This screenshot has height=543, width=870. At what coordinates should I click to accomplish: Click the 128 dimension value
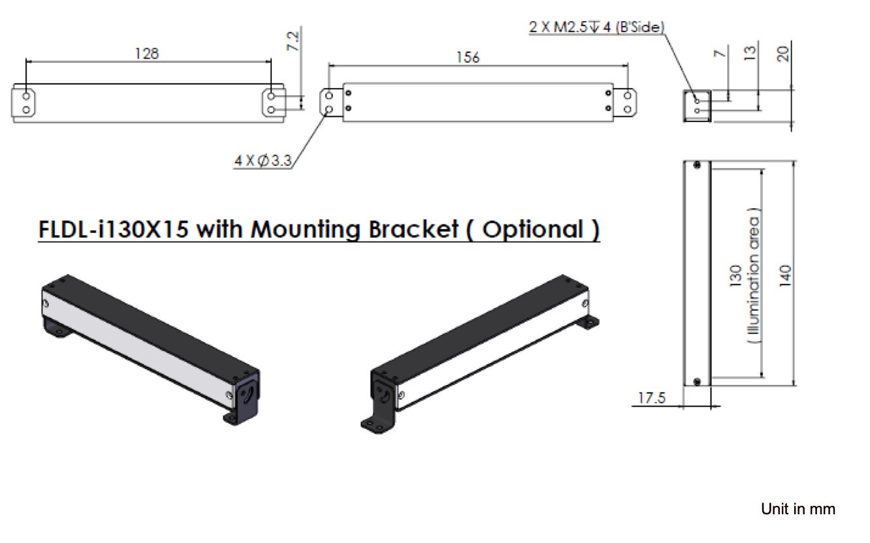tap(147, 54)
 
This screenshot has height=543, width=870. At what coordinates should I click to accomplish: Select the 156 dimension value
tap(468, 57)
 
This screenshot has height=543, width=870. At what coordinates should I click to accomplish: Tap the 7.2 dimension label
tap(293, 41)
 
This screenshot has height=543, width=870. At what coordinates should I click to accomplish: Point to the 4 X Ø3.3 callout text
tap(263, 161)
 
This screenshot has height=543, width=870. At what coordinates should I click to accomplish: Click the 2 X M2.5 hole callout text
tap(596, 27)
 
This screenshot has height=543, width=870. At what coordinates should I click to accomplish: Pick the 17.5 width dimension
tap(652, 398)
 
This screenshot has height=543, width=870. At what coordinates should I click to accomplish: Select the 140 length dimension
tap(785, 276)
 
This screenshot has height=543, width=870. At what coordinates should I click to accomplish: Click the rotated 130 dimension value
tap(735, 276)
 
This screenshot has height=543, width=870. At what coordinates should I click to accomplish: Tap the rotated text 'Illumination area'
tap(754, 276)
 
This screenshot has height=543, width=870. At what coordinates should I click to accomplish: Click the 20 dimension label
tap(783, 54)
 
